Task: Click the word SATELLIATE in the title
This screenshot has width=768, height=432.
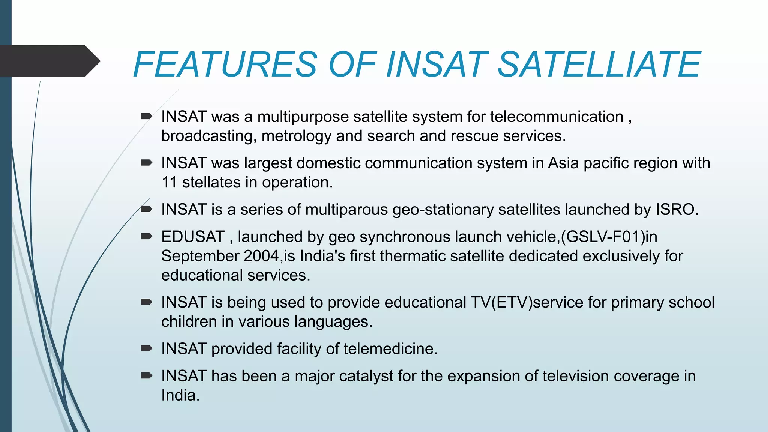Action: click(598, 64)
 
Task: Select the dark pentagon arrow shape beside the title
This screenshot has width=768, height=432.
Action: click(49, 61)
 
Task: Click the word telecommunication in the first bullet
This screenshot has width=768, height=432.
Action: click(556, 117)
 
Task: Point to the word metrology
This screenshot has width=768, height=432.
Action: click(296, 136)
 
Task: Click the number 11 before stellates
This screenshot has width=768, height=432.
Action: click(169, 183)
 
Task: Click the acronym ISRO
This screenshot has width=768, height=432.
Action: click(676, 210)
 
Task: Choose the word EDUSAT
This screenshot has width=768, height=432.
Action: click(193, 237)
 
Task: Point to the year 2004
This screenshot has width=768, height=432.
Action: click(261, 256)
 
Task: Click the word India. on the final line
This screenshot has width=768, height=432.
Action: click(180, 395)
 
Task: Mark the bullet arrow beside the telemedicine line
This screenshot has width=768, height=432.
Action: click(146, 348)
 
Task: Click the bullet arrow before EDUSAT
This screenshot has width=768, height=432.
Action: click(146, 236)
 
